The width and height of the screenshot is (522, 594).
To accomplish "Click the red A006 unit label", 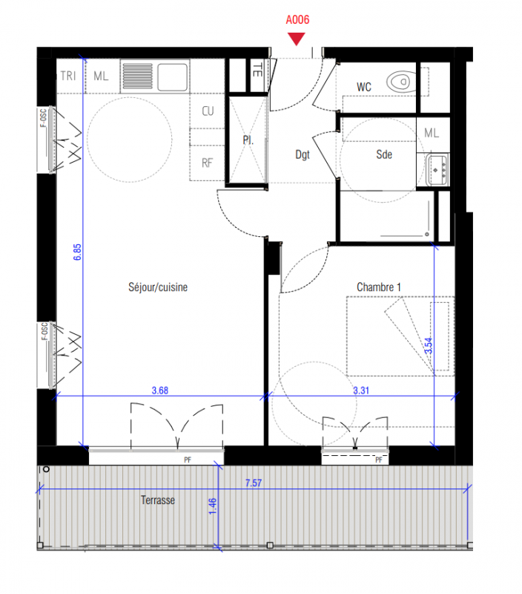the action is pos(297,20).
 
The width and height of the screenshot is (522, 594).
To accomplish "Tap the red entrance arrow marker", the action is pos(296,39).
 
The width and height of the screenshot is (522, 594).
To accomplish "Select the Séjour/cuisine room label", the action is pos(158,287).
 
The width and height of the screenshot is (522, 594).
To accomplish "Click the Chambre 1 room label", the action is pos(379,287).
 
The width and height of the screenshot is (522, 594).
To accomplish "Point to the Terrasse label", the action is pos(158,500).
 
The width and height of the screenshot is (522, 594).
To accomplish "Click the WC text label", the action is pos(364,87).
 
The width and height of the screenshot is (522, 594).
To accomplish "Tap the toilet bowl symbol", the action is pos(401,81).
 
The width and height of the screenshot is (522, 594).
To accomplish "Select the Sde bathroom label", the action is pos(384,154).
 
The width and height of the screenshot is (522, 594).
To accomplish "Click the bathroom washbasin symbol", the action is pos(437,170).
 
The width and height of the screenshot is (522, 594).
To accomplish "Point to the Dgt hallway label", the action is pos(303,155).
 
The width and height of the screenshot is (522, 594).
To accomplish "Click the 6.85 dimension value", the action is pos(77,252).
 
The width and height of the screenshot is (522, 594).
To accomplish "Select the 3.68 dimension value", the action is pos(160,391).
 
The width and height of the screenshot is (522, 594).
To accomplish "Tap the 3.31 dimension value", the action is pos(361,391).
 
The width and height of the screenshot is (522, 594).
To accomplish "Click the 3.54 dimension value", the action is pos(428,346).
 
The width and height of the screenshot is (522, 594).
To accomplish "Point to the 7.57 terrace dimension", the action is pos(254,483).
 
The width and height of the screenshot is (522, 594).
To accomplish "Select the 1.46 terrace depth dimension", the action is pos(213,506).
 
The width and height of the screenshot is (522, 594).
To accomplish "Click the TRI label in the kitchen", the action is pos(68,76).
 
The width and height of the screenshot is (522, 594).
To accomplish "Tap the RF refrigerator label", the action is pos(207,163).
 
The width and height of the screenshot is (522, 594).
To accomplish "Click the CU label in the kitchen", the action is pos(208,111).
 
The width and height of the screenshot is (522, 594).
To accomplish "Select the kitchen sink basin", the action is pos(173,77).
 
